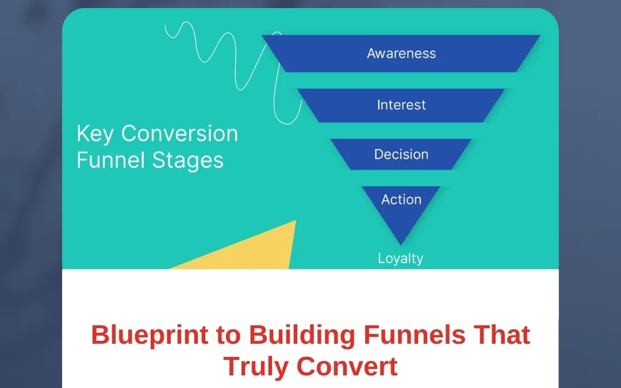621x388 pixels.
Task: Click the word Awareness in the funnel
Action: point(401,53)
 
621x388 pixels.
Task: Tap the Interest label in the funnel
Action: point(401,105)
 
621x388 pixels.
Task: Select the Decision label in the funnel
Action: point(401,155)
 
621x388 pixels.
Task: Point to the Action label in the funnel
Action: point(401,199)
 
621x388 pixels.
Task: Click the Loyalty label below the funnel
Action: point(401,259)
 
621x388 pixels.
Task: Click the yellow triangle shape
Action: point(253,253)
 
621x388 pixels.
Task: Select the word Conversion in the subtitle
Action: point(179,134)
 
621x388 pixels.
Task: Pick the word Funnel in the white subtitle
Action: point(109,160)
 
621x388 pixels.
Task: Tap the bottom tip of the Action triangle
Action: point(401,244)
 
